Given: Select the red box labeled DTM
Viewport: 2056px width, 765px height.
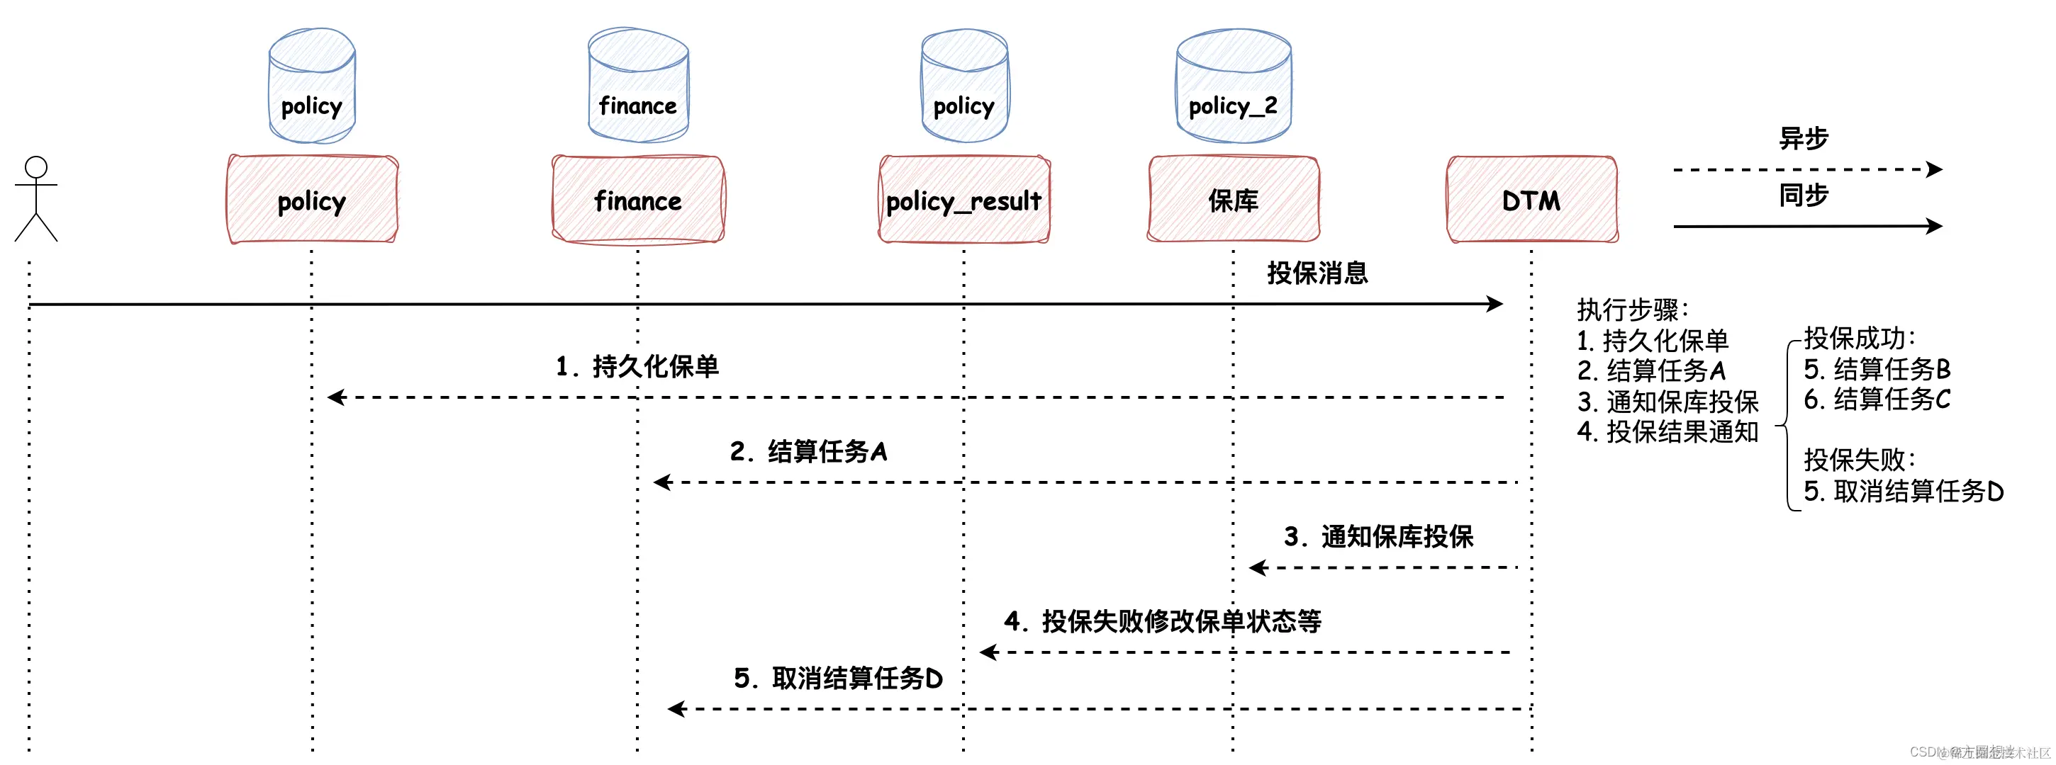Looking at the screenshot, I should click(x=1531, y=200).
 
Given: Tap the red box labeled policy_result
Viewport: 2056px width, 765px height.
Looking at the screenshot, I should click(x=963, y=200).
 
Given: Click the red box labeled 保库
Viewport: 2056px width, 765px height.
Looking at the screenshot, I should click(x=1233, y=200).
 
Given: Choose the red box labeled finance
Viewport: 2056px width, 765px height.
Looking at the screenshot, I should click(x=637, y=200).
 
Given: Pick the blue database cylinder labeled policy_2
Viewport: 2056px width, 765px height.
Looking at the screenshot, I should click(x=1233, y=86).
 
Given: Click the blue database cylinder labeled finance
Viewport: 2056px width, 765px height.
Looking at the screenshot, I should click(x=637, y=86).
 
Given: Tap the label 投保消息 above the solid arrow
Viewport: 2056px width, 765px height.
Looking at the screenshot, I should click(x=1317, y=273).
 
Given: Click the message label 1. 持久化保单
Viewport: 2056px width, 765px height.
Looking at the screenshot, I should click(x=637, y=366).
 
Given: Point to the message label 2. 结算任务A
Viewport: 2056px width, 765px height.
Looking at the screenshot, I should click(x=808, y=451).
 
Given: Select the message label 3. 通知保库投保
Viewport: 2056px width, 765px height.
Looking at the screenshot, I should click(x=1378, y=536).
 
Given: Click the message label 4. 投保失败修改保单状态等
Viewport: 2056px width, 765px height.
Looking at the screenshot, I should click(x=1162, y=620).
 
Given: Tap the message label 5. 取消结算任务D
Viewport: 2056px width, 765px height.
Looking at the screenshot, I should click(x=838, y=678).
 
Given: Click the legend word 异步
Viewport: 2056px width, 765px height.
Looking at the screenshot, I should click(x=1803, y=138).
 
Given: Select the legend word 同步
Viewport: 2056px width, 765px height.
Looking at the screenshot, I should click(x=1803, y=195).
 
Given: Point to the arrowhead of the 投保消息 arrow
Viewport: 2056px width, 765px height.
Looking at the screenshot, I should click(x=1496, y=304).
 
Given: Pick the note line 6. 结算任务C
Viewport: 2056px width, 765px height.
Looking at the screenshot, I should click(x=1877, y=399).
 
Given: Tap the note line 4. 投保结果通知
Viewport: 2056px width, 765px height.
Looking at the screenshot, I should click(x=1667, y=431).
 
